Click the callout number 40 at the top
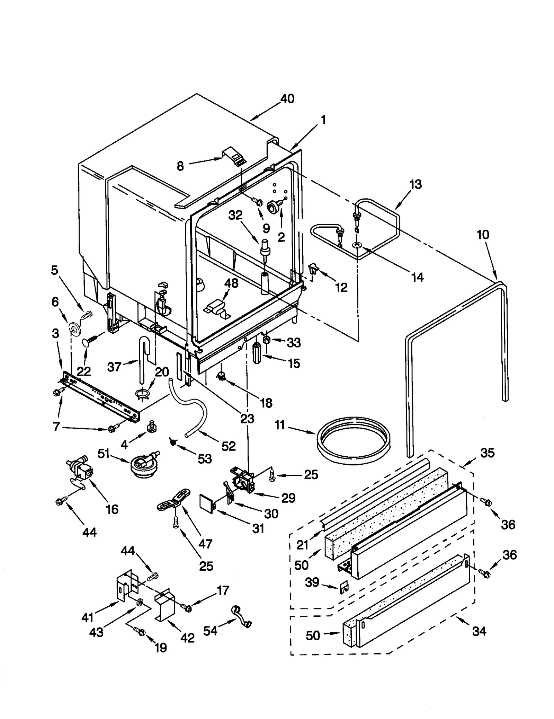tap(287, 99)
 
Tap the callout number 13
tap(415, 184)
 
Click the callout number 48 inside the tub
tap(231, 283)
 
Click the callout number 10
tap(483, 235)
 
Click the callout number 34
tap(479, 631)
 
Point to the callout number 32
tap(235, 215)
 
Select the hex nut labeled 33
tap(267, 340)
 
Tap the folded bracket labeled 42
tap(165, 605)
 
